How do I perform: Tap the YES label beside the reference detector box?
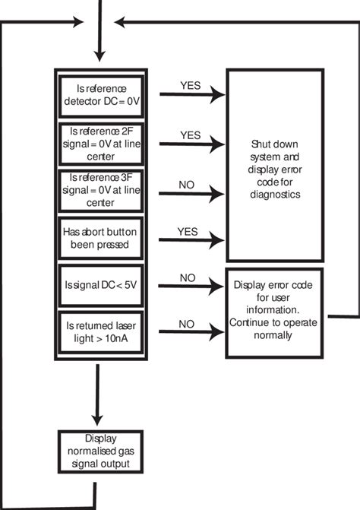pos(190,85)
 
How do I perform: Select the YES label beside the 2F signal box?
pos(190,135)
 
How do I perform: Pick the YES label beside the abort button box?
pos(188,231)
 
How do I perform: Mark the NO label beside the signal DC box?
pos(188,277)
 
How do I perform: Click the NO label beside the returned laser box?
pos(188,323)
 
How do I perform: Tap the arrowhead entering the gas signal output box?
pos(96,422)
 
